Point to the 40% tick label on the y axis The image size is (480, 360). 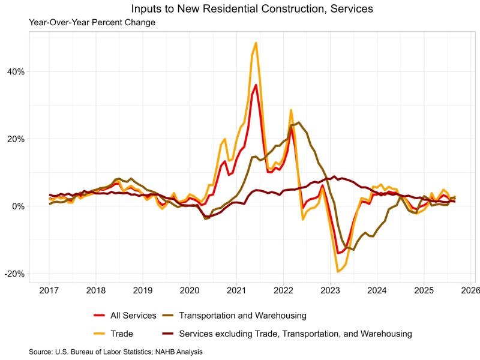(16, 71)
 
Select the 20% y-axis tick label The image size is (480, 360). (16, 139)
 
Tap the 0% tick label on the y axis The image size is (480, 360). (18, 206)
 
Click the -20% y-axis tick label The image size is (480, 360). (15, 274)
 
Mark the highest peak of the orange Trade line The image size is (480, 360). (256, 43)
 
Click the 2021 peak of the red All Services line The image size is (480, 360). (256, 85)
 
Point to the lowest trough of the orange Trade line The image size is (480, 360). (338, 272)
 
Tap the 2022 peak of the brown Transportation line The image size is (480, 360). (298, 123)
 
